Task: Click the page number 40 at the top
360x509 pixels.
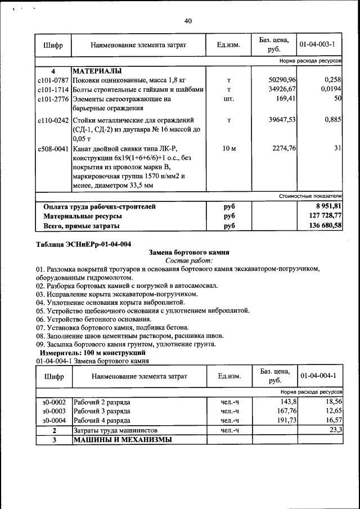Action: click(x=188, y=21)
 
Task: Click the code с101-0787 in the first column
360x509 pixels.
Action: click(x=53, y=80)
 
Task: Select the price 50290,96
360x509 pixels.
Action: click(x=282, y=80)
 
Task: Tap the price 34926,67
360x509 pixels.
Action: click(x=282, y=89)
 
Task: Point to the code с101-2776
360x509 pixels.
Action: click(x=53, y=99)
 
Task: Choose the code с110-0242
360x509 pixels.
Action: click(x=53, y=120)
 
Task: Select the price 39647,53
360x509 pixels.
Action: click(x=282, y=120)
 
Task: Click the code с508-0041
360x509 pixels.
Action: click(x=53, y=149)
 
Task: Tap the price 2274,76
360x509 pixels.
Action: click(x=285, y=149)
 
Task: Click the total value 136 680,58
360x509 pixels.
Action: click(x=321, y=226)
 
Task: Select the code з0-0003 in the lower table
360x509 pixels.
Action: click(x=54, y=411)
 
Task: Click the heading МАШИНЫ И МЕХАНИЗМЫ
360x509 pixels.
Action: click(x=122, y=439)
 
